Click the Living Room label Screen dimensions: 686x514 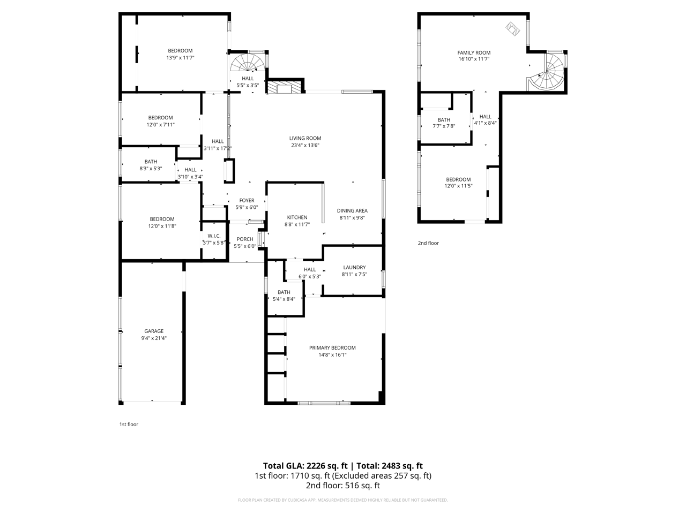(305, 138)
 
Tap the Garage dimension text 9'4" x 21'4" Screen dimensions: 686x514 (154, 338)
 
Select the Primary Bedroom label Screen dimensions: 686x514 (332, 347)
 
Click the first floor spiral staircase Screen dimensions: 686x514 (248, 63)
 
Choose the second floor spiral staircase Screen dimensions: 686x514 (548, 73)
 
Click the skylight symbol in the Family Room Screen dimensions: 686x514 (512, 29)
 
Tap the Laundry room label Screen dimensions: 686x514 (354, 268)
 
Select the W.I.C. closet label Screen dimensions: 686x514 (214, 236)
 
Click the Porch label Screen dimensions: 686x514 (245, 239)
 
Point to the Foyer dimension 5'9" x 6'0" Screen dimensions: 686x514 (247, 207)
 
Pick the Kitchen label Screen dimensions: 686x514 (297, 217)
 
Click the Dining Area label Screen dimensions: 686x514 (352, 210)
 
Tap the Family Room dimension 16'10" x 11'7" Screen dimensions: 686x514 (474, 59)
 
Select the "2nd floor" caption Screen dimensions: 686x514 (428, 243)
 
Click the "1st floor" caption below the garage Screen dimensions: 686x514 (129, 425)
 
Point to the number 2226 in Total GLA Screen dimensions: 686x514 (316, 466)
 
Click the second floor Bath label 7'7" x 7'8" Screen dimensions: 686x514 (444, 120)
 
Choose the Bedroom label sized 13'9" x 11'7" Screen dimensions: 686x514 (180, 50)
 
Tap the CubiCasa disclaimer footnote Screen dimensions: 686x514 (343, 500)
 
